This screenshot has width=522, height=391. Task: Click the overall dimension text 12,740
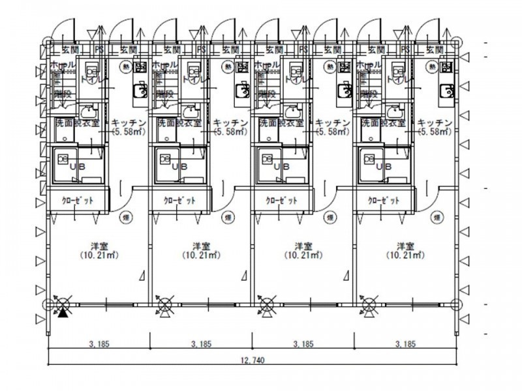coord(251,360)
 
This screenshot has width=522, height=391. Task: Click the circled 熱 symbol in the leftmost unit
coord(124,66)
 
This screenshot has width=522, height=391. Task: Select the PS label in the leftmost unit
coord(99,49)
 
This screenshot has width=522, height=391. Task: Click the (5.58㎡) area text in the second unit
coord(230,131)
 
